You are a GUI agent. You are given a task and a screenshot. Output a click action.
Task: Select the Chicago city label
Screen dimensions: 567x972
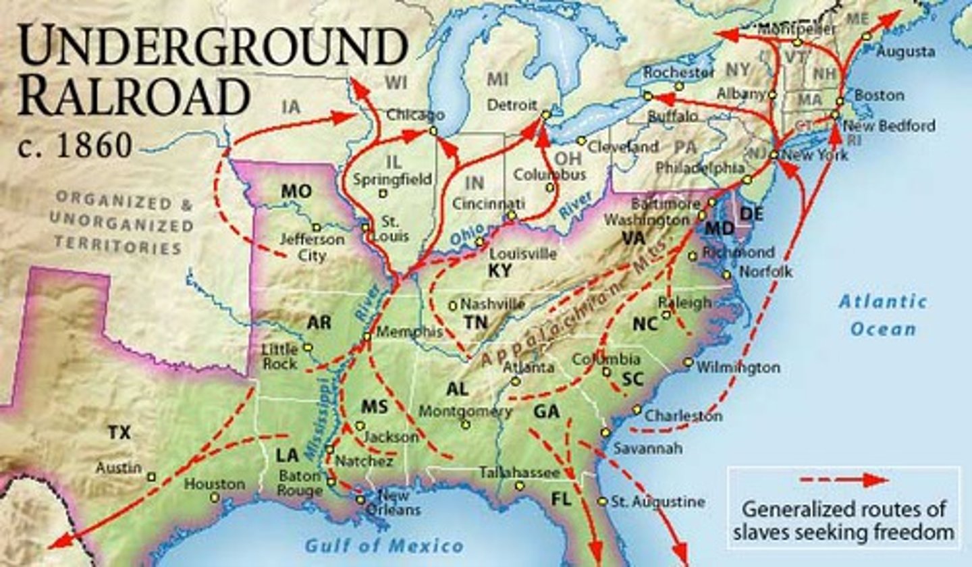(414, 115)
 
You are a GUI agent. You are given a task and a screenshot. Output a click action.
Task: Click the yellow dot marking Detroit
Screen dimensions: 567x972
(545, 115)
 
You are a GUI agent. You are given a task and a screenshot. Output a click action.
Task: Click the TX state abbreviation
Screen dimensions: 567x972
(119, 432)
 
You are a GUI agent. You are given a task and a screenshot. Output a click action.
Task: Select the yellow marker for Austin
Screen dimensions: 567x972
(151, 477)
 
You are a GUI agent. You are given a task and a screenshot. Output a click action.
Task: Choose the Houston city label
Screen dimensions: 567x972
(214, 484)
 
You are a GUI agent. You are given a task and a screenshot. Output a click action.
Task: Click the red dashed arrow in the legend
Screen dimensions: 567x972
(843, 480)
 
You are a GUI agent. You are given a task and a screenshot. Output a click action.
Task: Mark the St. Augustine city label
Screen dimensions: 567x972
(657, 502)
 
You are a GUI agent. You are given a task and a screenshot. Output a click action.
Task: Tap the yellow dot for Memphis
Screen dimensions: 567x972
(367, 336)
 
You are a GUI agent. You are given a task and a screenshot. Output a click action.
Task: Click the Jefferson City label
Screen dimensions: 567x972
(311, 247)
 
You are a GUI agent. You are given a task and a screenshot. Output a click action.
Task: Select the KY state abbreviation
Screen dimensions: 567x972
(500, 271)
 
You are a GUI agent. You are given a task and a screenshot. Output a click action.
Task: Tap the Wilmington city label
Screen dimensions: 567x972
(738, 368)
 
